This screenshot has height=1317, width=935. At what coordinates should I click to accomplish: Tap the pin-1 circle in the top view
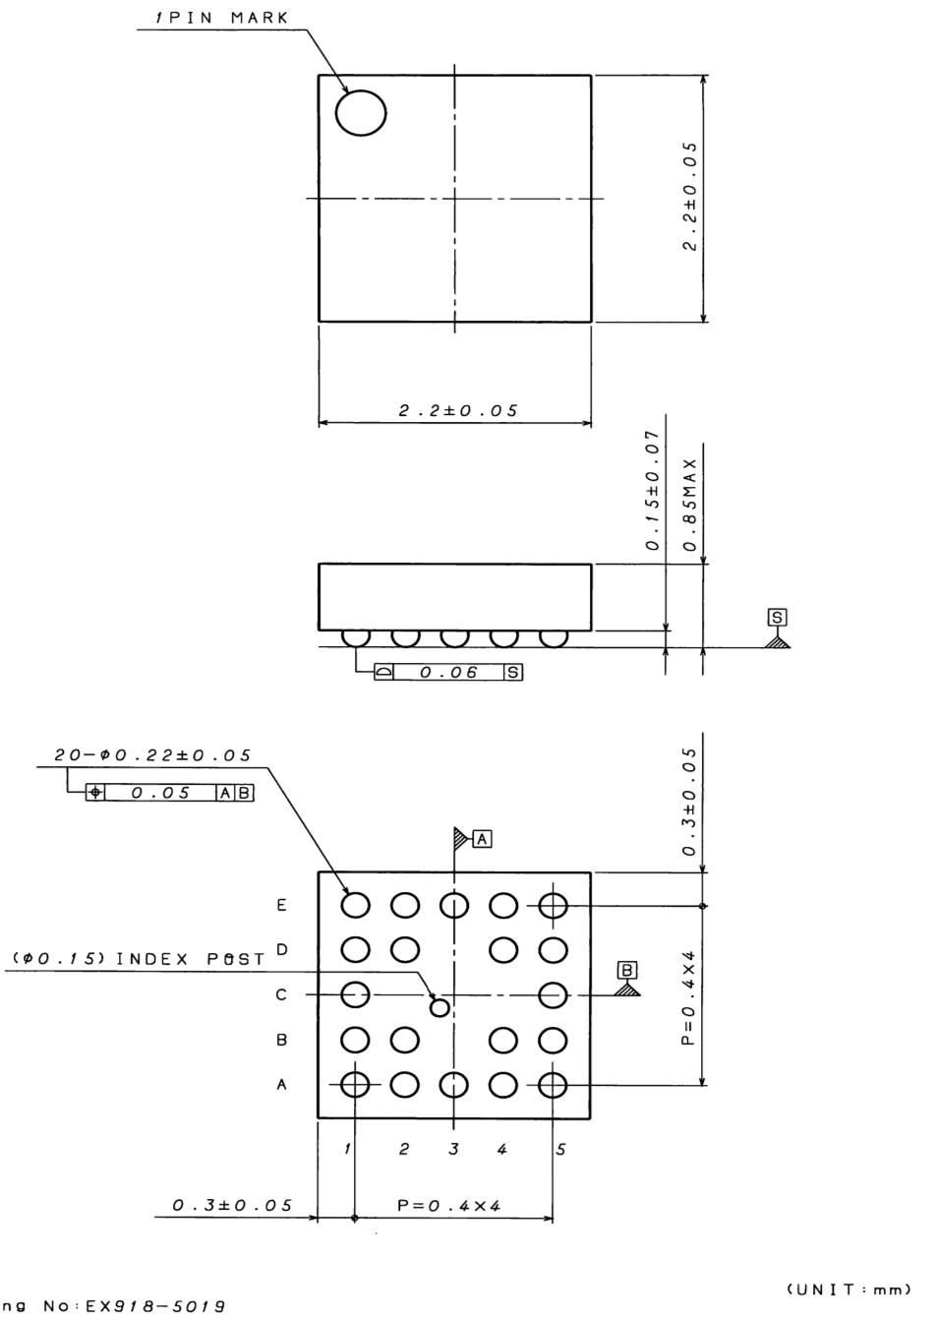(360, 113)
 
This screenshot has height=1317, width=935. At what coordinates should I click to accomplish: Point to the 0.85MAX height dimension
(692, 504)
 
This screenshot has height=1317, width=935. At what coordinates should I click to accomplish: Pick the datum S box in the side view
(778, 617)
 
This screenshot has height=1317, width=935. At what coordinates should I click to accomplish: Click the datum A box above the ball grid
(482, 838)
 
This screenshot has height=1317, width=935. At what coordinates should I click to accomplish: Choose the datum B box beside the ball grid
(624, 969)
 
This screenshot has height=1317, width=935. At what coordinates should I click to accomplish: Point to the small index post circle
(439, 1007)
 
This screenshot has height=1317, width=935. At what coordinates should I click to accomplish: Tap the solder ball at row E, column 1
(355, 904)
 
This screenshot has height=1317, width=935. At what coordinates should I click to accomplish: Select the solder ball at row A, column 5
(554, 1084)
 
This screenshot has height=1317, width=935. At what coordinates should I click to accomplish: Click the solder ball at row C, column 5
(554, 994)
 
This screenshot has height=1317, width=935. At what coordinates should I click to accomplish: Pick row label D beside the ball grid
(281, 948)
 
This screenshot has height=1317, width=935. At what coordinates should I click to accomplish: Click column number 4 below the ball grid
(502, 1148)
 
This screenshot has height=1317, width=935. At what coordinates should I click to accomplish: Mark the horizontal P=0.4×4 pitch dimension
(448, 1206)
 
